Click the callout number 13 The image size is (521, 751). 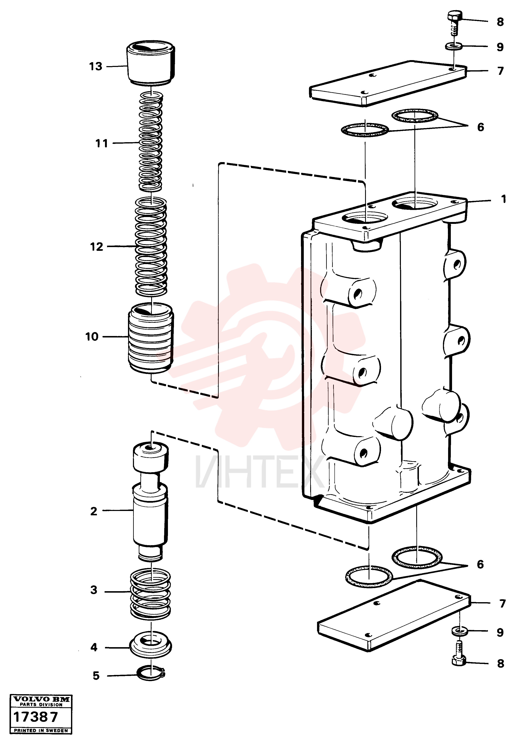(96, 67)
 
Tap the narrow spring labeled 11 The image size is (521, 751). (151, 142)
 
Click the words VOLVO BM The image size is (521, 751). (41, 700)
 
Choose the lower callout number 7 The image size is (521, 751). (502, 604)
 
